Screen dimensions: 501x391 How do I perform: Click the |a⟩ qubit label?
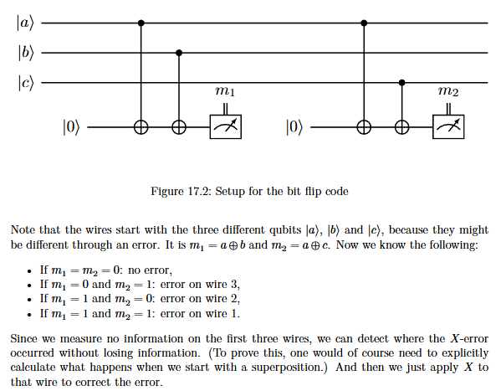tap(25, 23)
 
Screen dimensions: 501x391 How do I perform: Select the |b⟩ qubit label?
tap(26, 53)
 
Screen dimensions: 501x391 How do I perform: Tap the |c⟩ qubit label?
tap(26, 83)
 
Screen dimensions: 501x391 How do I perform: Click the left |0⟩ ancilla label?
tap(70, 127)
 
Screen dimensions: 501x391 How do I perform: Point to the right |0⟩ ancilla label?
tap(294, 127)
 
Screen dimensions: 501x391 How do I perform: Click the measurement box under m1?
tap(226, 126)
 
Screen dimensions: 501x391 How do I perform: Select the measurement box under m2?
tap(448, 126)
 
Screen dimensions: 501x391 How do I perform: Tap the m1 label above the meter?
tap(225, 91)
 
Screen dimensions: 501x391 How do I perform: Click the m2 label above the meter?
tap(448, 91)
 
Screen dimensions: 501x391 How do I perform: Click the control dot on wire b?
tap(179, 53)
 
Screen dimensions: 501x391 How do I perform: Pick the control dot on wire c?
tap(402, 83)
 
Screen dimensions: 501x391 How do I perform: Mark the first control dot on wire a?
tap(141, 23)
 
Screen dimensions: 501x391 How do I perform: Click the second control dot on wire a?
tap(364, 23)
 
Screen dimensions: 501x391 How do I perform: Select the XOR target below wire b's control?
tap(179, 127)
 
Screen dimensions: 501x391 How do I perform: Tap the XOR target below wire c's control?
tap(402, 127)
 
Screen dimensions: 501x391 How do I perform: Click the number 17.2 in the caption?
tap(199, 192)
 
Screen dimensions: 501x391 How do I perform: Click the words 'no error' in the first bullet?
tap(149, 270)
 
